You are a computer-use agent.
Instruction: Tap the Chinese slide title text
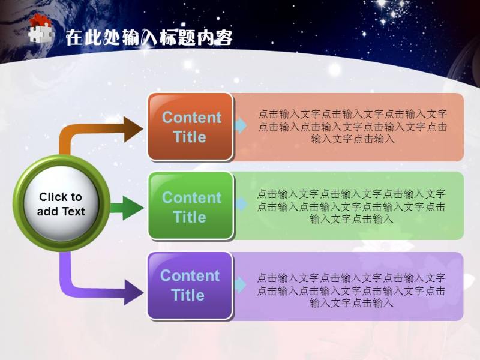coord(149,38)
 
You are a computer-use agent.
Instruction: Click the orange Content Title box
coord(190,127)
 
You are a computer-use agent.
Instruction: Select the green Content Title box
coord(191,206)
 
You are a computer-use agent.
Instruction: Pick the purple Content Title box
coord(190,286)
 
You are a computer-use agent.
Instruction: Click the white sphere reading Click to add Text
coord(61,203)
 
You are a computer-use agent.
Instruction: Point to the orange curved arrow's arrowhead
coord(133,129)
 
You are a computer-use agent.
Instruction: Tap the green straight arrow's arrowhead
coord(133,208)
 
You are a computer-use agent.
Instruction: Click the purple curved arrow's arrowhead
coord(133,292)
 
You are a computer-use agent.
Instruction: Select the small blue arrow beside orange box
coord(241,125)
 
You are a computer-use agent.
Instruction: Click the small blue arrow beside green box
coord(241,204)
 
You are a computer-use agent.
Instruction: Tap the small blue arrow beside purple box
coord(241,285)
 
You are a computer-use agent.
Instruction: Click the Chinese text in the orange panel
coord(352,127)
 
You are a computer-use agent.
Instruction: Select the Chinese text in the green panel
coord(351,206)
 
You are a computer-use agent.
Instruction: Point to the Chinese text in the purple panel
coord(351,290)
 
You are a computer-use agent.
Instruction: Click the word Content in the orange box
coord(191,117)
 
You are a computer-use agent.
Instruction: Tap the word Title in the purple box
coord(188,295)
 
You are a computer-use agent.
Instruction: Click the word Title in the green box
coord(190,217)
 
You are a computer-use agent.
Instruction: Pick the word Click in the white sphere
coord(50,197)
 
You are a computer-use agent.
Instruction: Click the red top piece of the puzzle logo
coord(39,20)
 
